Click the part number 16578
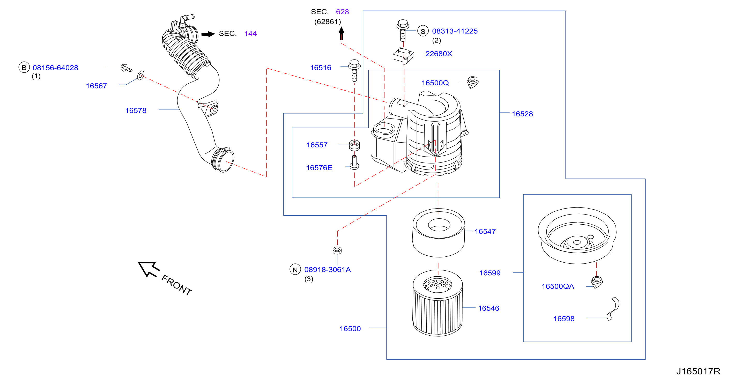click(136, 110)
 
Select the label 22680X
click(439, 54)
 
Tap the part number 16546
click(488, 308)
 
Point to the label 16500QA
click(558, 286)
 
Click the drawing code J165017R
click(698, 372)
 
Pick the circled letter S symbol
click(423, 31)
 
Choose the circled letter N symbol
click(295, 269)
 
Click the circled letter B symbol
click(24, 68)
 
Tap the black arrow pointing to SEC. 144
click(208, 34)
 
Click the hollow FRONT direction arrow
click(148, 269)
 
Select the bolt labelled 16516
click(354, 70)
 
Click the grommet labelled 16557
click(354, 145)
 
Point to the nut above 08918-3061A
click(337, 250)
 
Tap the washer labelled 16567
click(140, 75)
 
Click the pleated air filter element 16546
click(438, 303)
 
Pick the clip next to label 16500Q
click(473, 82)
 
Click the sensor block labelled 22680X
click(403, 56)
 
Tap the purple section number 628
click(342, 12)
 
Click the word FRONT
click(176, 285)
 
